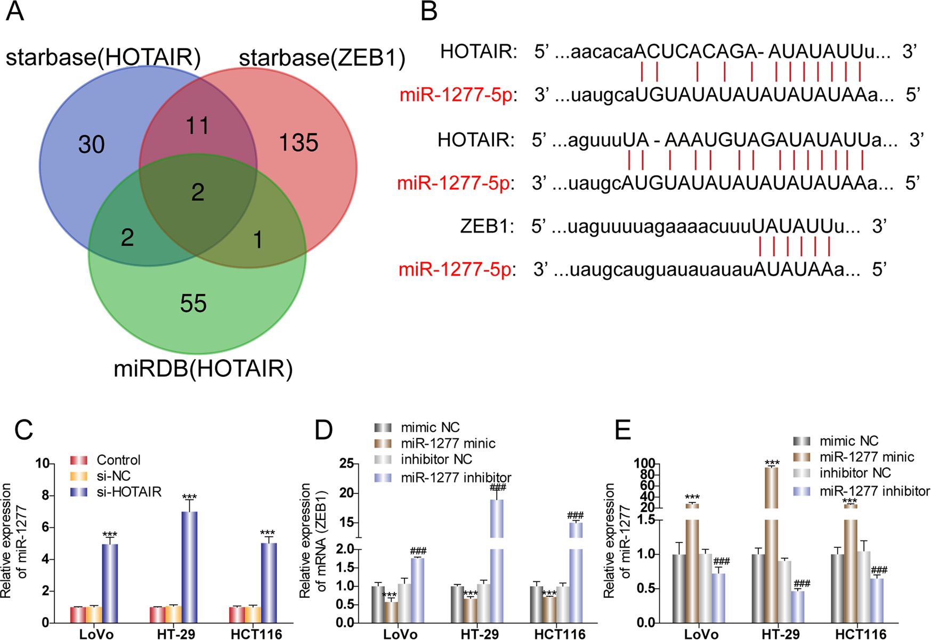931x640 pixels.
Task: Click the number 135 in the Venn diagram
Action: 298,143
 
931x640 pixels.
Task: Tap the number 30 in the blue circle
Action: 92,145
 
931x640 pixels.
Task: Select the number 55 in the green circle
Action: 193,304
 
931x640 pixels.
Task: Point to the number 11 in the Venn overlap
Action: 197,126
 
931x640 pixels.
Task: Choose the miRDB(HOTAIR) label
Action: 203,369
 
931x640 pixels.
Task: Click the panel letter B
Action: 428,12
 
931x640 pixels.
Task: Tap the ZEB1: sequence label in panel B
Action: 487,226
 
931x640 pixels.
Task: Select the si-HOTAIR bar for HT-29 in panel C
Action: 189,567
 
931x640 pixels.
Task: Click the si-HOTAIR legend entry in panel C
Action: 128,492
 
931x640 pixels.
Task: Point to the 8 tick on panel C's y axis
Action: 46,496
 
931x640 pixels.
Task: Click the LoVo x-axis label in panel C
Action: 96,634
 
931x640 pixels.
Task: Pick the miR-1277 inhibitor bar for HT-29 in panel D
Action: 497,560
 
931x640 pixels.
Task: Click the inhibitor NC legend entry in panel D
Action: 436,459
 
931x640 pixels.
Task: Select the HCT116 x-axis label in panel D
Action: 560,634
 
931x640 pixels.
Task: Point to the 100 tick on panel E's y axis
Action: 644,464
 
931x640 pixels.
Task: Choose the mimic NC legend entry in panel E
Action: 848,441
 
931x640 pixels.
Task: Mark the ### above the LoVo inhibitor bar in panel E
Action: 721,561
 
